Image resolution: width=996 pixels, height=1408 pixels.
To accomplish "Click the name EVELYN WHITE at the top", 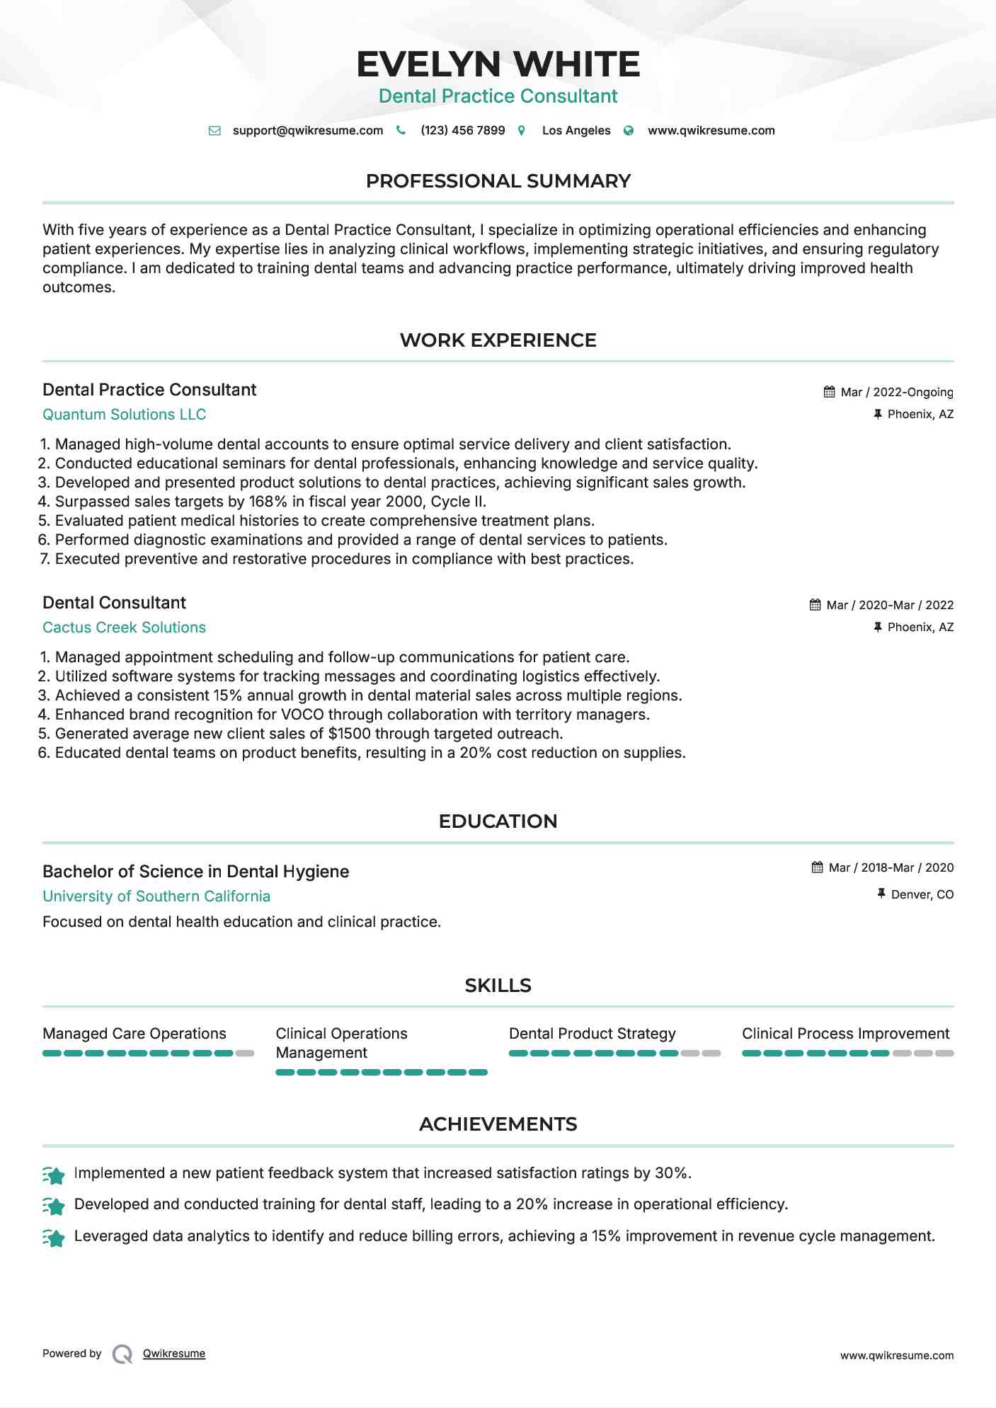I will (x=498, y=64).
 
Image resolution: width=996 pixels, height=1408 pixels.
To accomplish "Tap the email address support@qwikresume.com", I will (x=308, y=130).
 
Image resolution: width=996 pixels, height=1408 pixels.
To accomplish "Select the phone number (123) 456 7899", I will (x=462, y=130).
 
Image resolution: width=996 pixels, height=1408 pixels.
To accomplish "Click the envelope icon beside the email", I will (x=214, y=131).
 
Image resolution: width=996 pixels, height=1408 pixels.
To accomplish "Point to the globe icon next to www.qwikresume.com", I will (x=629, y=131).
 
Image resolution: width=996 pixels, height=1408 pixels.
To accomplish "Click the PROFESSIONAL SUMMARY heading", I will (x=498, y=181).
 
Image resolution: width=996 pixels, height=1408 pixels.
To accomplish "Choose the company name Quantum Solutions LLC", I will (x=125, y=415).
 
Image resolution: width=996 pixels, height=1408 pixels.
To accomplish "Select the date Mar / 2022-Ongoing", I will (x=896, y=392).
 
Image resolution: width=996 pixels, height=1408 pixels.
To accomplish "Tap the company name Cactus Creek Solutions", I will (x=124, y=628).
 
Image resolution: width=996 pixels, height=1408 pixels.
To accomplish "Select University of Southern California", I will (x=156, y=896).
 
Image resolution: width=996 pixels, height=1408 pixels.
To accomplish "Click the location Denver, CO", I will (x=922, y=894).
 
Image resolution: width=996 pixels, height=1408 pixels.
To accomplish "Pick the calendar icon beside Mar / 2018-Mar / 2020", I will (x=818, y=867).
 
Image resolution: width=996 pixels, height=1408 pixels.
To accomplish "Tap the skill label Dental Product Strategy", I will (x=592, y=1034).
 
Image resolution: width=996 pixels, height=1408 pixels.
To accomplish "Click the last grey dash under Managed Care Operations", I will (x=245, y=1054).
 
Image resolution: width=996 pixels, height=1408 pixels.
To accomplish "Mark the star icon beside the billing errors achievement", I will (x=54, y=1237).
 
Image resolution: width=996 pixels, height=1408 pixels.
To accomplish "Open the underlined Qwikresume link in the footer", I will (x=174, y=1354).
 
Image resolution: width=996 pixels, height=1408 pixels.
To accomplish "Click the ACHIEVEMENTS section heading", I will (x=498, y=1124).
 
